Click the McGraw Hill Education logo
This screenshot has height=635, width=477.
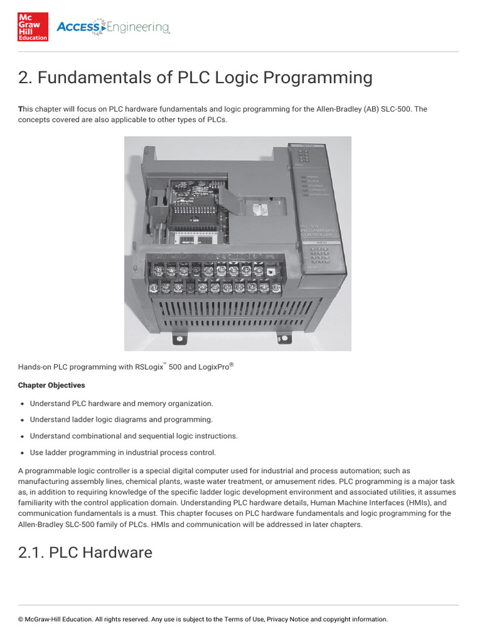33,27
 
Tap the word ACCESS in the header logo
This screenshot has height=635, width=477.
78,27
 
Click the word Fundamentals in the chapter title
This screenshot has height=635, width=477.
92,78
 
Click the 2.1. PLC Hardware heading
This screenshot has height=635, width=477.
85,553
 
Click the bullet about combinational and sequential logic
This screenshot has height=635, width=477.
134,436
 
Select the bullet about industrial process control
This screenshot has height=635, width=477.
123,452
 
